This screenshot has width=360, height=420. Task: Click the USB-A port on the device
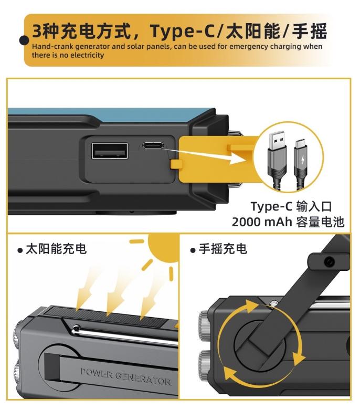[x=110, y=151]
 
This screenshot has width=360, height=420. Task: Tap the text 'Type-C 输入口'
[x=291, y=206]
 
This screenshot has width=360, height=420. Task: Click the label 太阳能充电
[x=56, y=249]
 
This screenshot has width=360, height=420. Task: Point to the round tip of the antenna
[x=77, y=330]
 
